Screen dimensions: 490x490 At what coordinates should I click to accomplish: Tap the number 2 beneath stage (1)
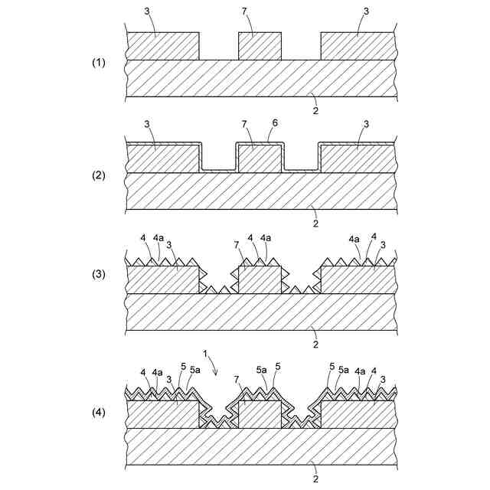(315, 110)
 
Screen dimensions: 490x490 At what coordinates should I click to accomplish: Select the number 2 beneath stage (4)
(315, 479)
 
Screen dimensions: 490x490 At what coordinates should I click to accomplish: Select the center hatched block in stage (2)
(260, 158)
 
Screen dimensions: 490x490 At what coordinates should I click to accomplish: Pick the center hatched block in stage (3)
(260, 279)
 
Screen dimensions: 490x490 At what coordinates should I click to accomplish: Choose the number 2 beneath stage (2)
(315, 223)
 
